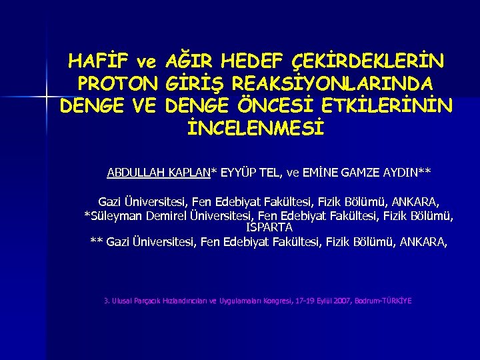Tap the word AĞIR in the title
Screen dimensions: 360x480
[x=189, y=63]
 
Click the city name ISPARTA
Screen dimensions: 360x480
[x=269, y=227]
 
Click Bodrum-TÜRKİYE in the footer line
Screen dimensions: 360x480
[x=389, y=301]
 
